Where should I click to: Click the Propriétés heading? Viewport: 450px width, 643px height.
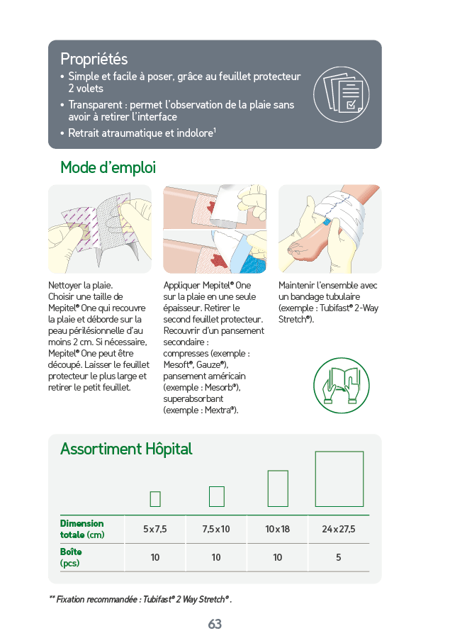point(94,59)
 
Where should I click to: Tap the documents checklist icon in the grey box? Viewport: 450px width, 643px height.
point(342,94)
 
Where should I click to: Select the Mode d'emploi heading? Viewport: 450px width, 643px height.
point(108,168)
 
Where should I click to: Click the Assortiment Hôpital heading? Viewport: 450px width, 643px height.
point(126,449)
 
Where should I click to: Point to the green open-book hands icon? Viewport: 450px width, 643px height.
point(342,386)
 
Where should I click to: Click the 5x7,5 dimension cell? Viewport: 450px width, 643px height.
point(155,529)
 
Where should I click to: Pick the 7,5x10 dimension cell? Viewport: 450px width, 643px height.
point(216,529)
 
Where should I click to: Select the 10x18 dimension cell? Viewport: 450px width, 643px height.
point(278,529)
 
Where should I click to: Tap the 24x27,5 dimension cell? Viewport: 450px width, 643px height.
point(339,529)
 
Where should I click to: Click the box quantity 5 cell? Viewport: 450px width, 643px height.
point(339,557)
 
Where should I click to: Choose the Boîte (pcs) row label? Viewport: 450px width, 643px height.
point(71,557)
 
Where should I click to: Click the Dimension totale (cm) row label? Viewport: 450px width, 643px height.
point(82,529)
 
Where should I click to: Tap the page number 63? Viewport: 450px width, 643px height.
point(215,624)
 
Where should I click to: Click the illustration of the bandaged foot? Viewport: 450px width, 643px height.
point(330,229)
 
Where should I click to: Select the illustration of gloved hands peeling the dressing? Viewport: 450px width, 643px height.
point(100,229)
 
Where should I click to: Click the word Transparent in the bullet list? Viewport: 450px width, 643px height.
point(95,105)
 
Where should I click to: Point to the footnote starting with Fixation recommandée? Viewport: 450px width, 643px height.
point(140,600)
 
